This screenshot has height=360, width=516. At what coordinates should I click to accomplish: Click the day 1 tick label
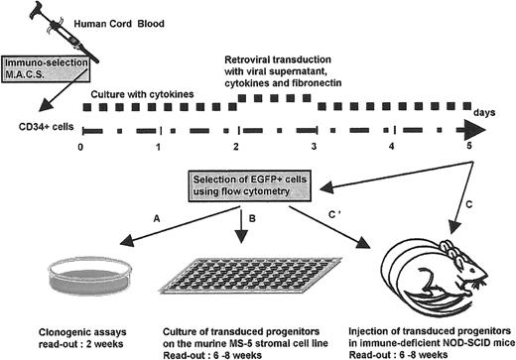159,146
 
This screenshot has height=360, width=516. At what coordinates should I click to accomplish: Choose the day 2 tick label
236,146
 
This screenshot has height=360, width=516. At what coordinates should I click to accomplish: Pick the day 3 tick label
314,146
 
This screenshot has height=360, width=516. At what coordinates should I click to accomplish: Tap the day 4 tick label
390,146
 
